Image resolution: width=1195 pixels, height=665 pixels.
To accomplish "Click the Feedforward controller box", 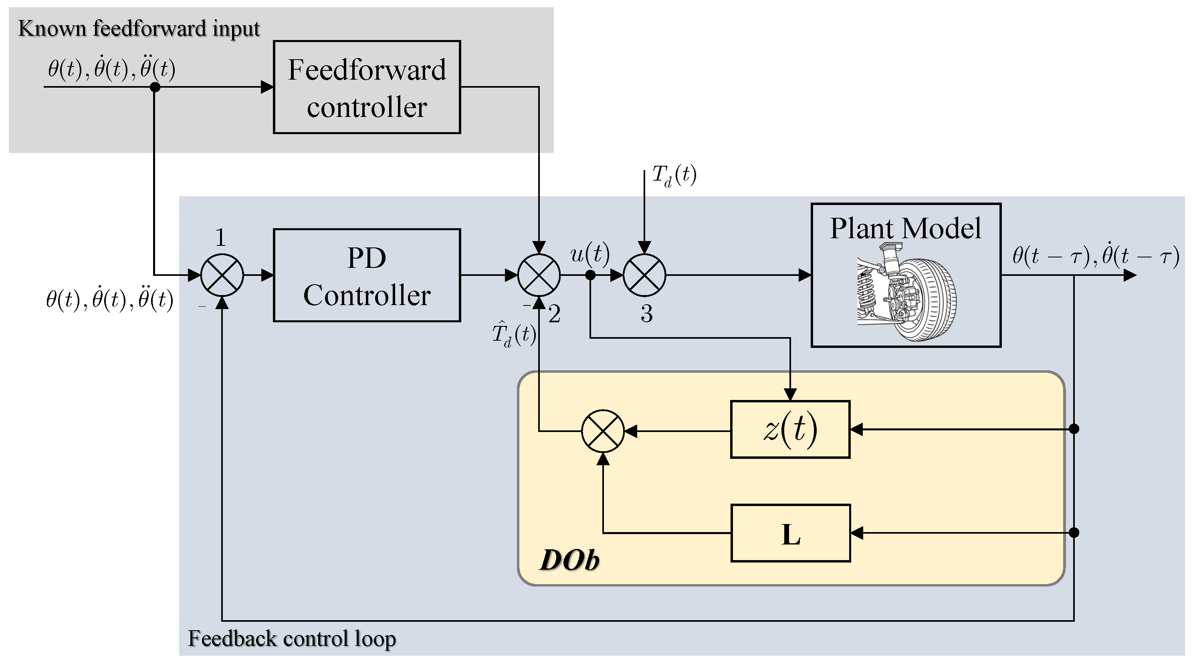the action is point(367,87).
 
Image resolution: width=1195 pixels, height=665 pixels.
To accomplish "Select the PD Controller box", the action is point(367,275).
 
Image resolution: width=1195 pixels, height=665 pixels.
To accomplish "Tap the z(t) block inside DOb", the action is point(790,430).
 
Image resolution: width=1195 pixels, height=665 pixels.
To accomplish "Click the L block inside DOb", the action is point(791,533).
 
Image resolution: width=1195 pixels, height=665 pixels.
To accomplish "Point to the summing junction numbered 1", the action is point(222,275).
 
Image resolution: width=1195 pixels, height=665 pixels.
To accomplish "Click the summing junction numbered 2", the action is point(539,275).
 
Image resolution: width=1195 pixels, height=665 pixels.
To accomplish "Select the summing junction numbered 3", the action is point(644,275).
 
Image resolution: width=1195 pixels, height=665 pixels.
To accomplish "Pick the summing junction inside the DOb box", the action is point(603,431).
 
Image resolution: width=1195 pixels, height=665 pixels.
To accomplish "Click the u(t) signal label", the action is point(589,254).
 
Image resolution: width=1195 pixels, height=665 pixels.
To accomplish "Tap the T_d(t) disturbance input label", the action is point(674,175).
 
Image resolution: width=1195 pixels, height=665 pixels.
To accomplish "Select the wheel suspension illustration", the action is point(906,292).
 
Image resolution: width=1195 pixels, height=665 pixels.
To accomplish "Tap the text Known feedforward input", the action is point(139,29).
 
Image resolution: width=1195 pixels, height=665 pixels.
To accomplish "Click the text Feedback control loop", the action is point(292,639).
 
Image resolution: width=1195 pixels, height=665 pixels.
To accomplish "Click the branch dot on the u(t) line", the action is point(590,275).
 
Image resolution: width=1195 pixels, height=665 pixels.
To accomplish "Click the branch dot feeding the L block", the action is point(1074,532).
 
